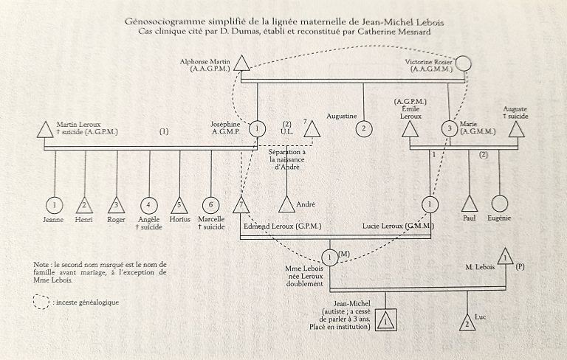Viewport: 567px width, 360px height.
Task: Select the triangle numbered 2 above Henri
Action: click(85, 205)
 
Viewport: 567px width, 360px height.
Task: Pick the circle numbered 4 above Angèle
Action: click(149, 205)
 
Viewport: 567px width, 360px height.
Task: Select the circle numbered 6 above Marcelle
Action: click(212, 205)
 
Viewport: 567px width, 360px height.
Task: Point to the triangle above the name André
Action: click(286, 204)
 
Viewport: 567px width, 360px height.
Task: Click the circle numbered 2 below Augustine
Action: click(363, 128)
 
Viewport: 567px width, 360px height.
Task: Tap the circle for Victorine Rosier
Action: click(463, 63)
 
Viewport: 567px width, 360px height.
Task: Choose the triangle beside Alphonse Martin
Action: click(241, 63)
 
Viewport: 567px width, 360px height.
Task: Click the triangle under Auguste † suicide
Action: click(516, 130)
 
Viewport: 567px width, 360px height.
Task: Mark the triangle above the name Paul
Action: click(468, 204)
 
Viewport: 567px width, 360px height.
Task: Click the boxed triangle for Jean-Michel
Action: click(385, 320)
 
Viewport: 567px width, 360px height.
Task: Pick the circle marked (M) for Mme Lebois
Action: click(329, 257)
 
